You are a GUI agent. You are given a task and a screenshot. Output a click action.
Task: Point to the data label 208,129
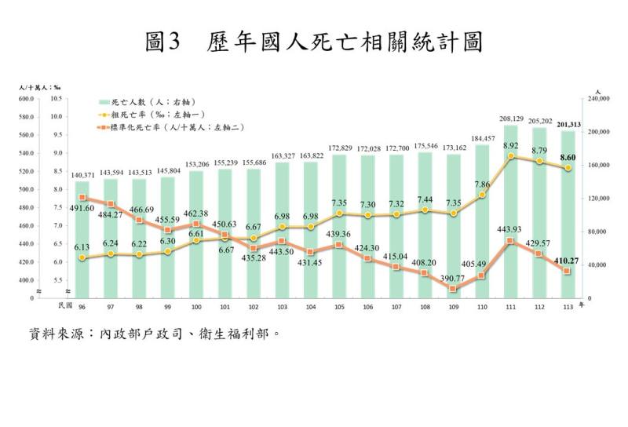click(x=511, y=119)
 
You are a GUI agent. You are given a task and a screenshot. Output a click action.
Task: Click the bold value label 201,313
click(x=568, y=124)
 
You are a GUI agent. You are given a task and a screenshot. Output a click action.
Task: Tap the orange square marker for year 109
click(x=454, y=289)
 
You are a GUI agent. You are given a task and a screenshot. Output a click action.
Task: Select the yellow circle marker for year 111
click(x=510, y=156)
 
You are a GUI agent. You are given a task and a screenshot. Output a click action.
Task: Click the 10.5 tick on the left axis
click(x=56, y=99)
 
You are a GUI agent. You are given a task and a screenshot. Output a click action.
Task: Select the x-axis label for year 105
click(x=339, y=306)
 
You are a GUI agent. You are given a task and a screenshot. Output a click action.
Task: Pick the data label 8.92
click(x=511, y=146)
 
